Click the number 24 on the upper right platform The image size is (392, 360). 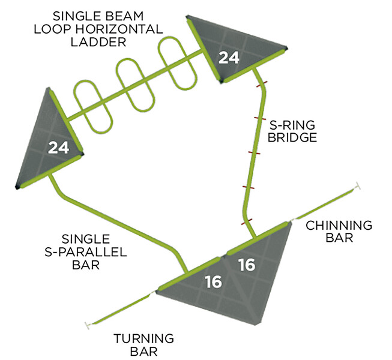pos(229,58)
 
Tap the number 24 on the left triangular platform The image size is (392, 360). pos(58,147)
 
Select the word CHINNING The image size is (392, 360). pos(339,226)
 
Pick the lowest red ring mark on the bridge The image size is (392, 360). pos(245,222)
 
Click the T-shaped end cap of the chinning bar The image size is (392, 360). pos(359,186)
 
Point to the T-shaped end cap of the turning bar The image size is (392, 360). pos(88,325)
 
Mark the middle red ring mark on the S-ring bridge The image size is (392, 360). pos(252,154)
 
